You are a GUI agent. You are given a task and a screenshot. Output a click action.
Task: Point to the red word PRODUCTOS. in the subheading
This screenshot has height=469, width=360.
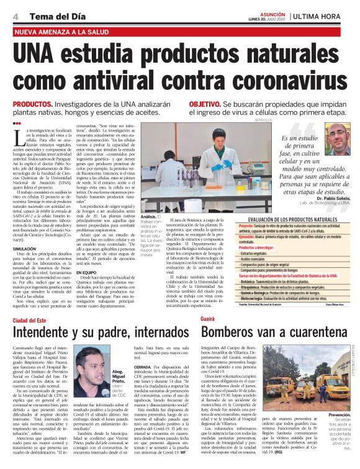32,105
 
